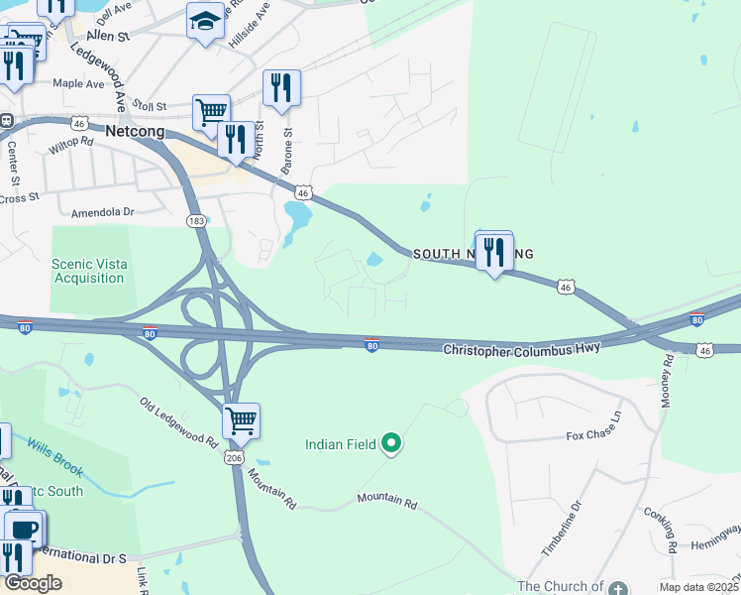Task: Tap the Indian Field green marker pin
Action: point(392,444)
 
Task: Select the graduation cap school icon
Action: point(205,21)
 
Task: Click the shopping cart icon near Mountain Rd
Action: point(241,420)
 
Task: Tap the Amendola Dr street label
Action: point(101,212)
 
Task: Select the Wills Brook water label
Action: point(54,456)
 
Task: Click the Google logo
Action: point(33,583)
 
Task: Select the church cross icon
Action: point(619,588)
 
